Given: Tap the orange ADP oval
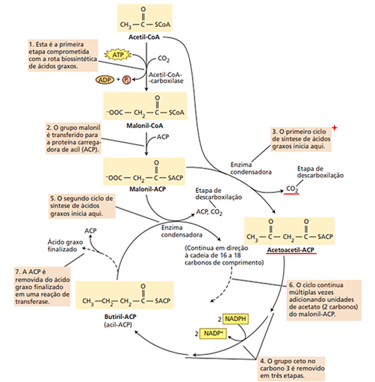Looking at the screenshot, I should (105, 80).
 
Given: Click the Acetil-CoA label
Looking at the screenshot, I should (145, 37).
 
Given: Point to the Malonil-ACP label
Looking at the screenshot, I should (145, 189).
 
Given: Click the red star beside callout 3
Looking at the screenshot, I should (335, 128).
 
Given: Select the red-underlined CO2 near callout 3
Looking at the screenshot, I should (292, 188).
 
